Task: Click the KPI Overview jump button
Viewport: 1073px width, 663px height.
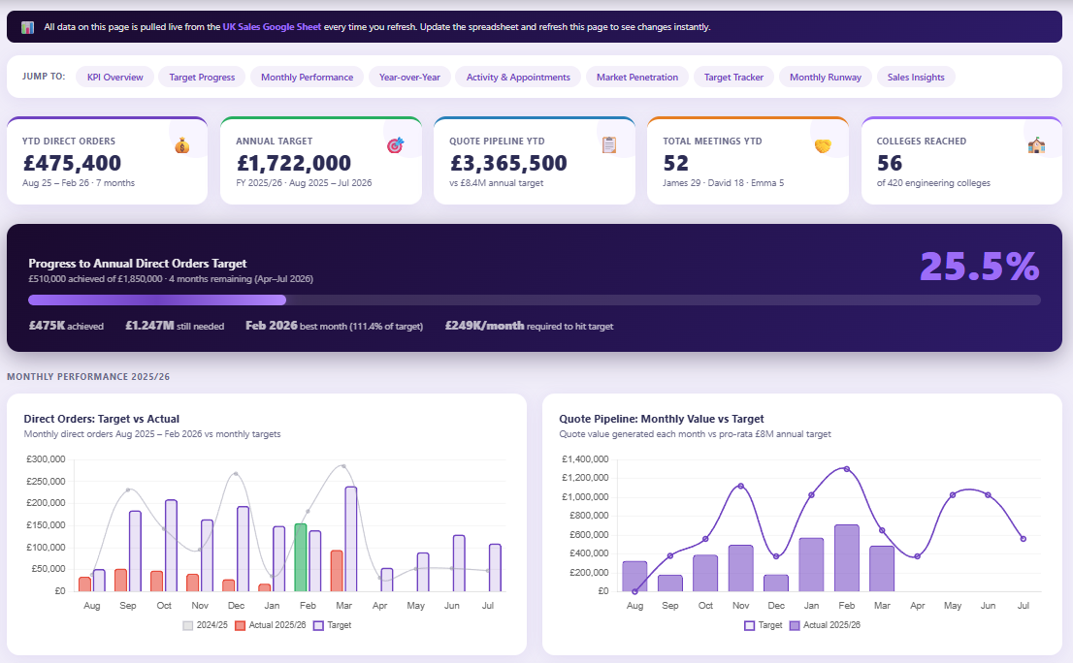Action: [114, 77]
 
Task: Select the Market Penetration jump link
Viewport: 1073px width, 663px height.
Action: [637, 77]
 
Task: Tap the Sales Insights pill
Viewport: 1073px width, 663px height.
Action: [915, 77]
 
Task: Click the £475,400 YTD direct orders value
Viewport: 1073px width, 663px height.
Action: [72, 164]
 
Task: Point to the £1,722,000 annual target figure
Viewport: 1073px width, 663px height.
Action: [293, 164]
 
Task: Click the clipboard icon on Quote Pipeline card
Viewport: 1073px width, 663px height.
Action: [609, 145]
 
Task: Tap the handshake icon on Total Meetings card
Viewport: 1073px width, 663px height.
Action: [823, 145]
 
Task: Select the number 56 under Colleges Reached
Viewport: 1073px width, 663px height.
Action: [890, 164]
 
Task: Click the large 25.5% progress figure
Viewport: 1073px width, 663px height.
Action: [979, 267]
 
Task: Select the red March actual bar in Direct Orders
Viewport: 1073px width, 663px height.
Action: [337, 570]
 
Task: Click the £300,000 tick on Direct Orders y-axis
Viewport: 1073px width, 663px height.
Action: [46, 459]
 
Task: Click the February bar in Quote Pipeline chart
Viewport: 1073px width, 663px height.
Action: [846, 557]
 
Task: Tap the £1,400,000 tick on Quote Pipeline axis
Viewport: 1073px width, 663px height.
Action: [584, 459]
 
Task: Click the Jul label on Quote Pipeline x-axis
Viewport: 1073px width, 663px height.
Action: [1023, 605]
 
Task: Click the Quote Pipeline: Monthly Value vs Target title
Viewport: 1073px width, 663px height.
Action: [662, 419]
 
